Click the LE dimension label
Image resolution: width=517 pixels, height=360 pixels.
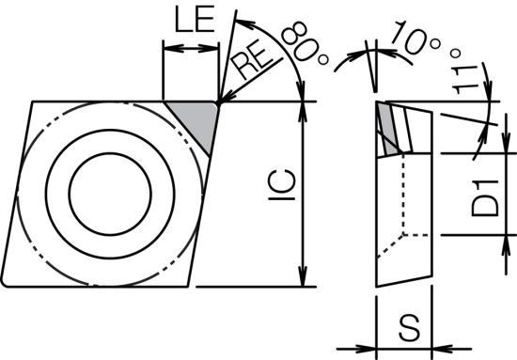195,20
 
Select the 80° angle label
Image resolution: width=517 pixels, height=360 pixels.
305,43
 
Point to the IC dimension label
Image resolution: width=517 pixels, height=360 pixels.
282,185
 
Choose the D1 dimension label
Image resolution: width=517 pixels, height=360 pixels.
485,198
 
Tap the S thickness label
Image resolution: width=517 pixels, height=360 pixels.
410,327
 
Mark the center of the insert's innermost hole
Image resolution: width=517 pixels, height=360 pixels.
110,194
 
